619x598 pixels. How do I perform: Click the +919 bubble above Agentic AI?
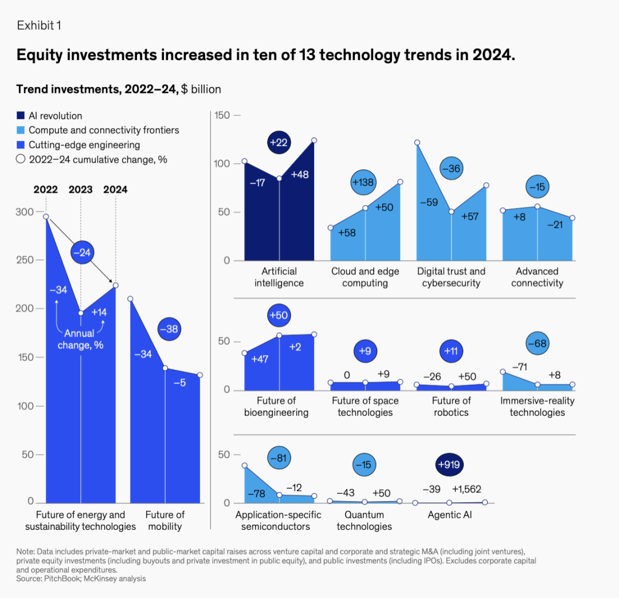[x=451, y=465]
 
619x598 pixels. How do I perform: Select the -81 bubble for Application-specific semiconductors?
[x=279, y=458]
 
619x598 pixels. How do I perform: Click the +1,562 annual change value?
[x=467, y=489]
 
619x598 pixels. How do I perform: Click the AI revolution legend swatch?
[x=21, y=116]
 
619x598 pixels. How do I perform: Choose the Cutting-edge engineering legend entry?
[x=84, y=145]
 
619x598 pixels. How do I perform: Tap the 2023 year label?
[x=80, y=190]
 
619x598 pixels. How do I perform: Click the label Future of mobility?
[x=164, y=520]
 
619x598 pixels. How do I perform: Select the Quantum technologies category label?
[x=364, y=521]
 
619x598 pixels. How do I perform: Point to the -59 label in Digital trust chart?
[x=429, y=202]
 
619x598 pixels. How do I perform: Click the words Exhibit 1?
[x=38, y=26]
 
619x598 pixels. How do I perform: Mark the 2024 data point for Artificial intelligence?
[x=314, y=140]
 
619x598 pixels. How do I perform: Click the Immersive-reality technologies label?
[x=537, y=407]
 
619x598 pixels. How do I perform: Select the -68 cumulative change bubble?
[x=537, y=344]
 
